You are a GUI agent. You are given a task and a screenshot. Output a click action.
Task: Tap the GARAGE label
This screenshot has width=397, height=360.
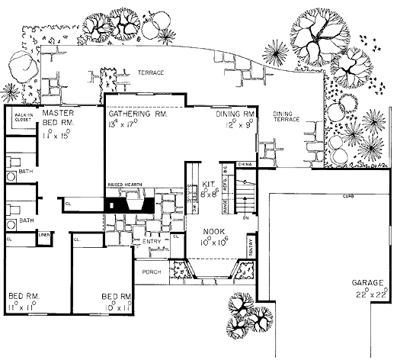[x=368, y=284]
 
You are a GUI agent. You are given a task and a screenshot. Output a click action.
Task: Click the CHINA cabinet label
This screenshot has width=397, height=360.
[x=245, y=164]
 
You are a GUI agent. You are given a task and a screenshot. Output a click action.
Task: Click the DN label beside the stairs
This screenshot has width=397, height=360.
[x=245, y=219]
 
